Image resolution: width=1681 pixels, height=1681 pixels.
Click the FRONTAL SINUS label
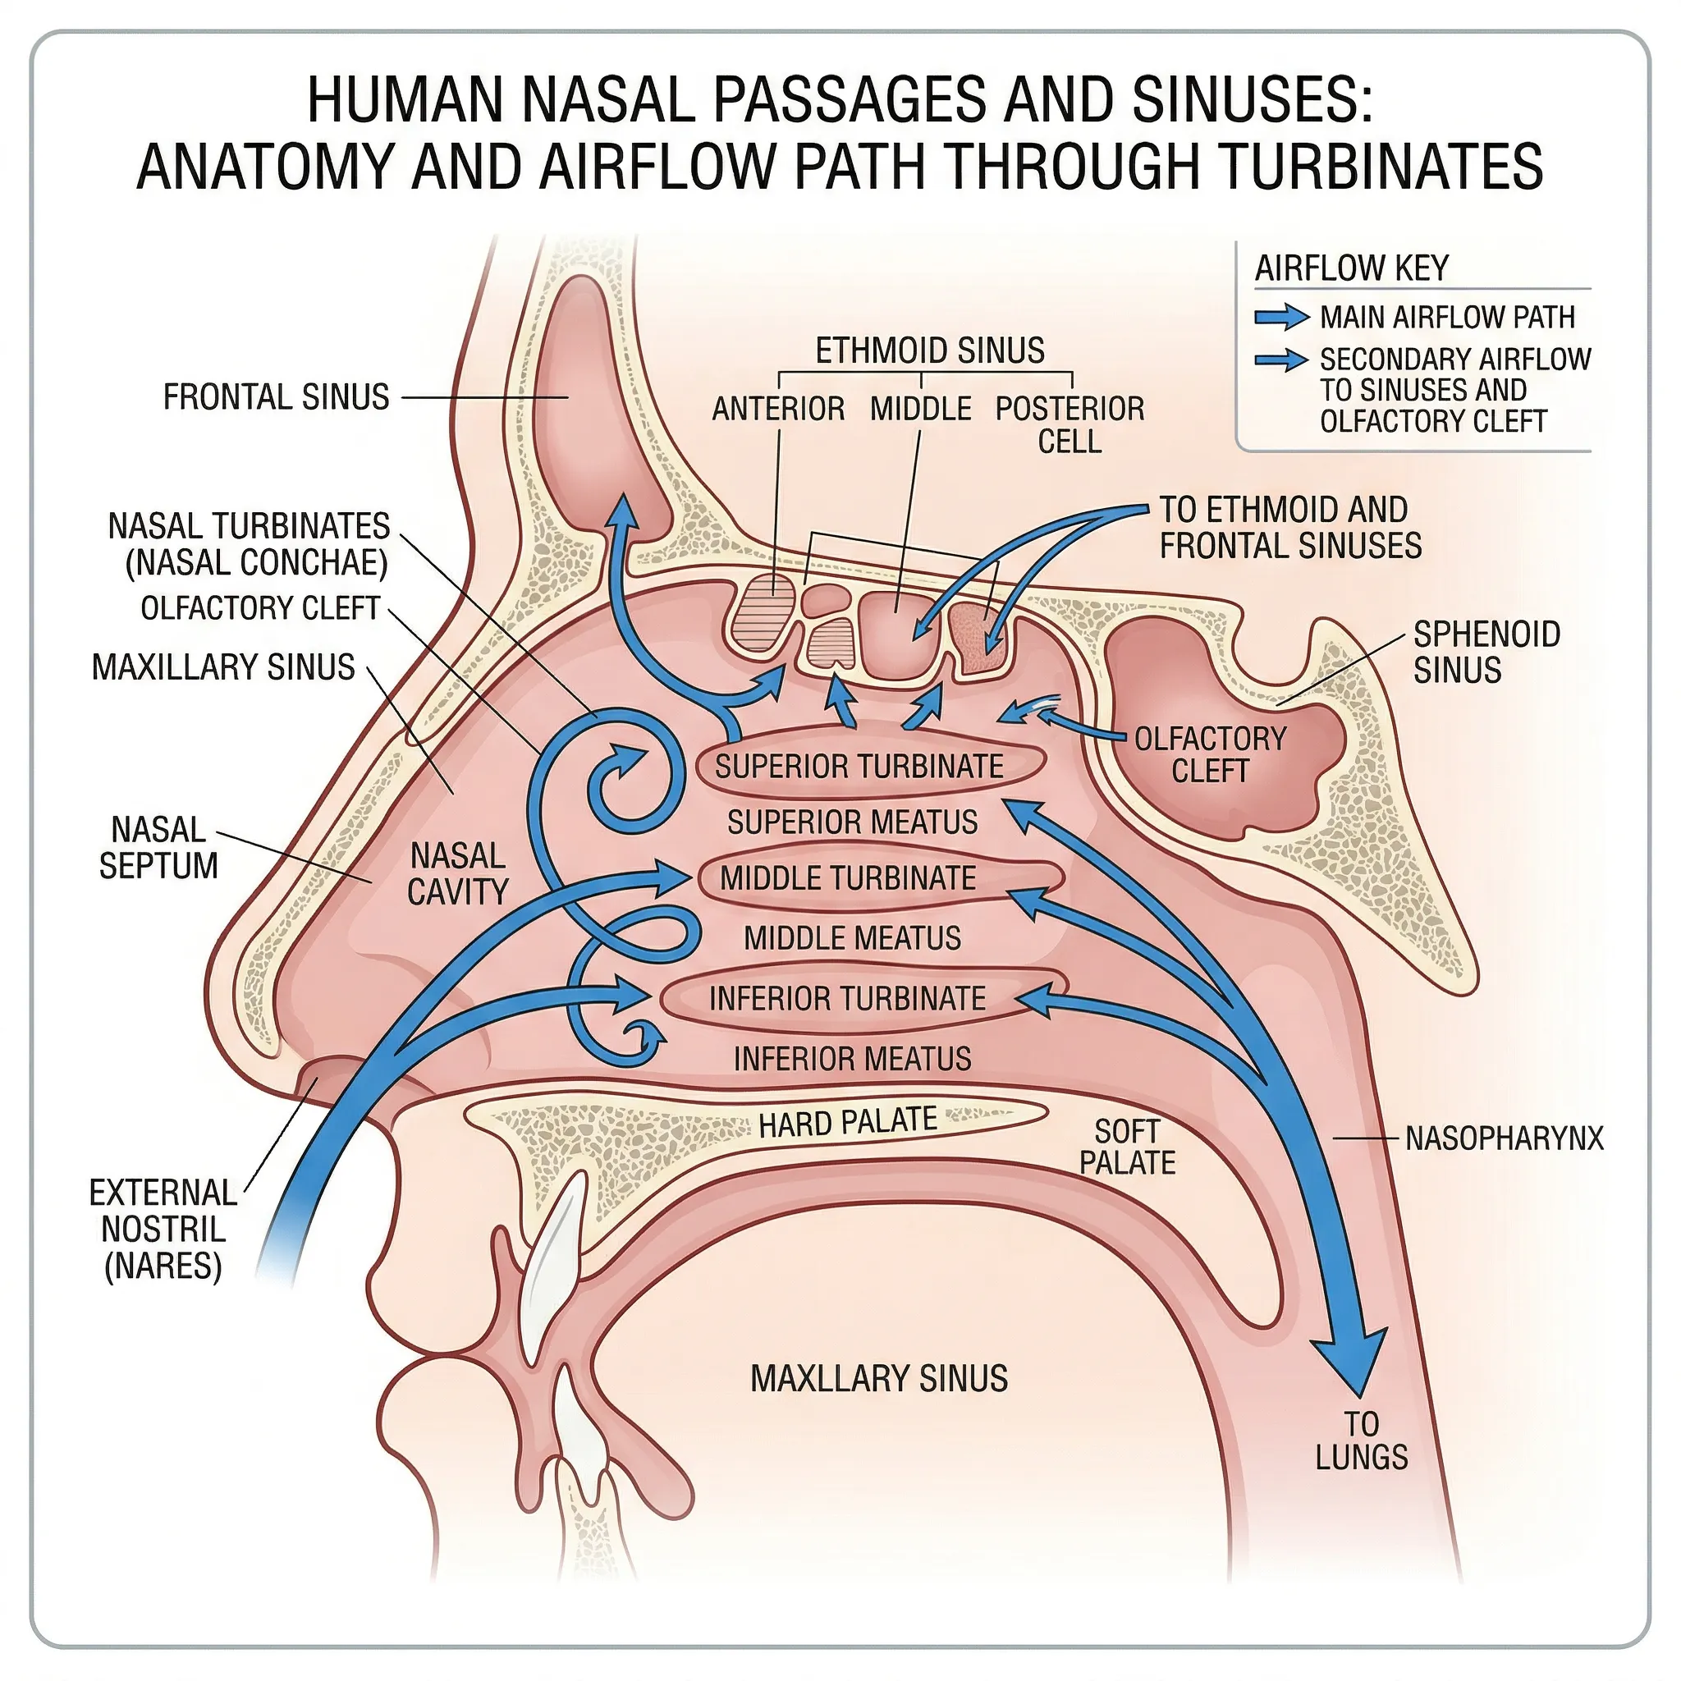pos(276,397)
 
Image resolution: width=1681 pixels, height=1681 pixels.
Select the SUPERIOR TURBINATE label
pos(859,767)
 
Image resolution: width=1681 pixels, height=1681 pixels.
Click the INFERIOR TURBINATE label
pos(846,998)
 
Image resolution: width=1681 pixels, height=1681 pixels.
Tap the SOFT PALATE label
pos(1127,1147)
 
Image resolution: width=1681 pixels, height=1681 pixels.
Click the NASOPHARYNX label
pos(1504,1138)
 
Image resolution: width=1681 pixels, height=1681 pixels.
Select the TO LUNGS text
pos(1361,1441)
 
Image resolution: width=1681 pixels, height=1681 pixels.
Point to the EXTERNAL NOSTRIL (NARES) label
pos(163,1229)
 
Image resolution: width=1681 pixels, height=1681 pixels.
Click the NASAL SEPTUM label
pos(158,849)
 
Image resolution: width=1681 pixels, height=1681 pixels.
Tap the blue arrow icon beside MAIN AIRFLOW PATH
pos(1280,318)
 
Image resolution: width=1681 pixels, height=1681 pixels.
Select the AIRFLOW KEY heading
pos(1351,268)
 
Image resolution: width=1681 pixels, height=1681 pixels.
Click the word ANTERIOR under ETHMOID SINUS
pos(778,409)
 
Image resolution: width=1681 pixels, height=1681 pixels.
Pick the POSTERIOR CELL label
pos(1070,424)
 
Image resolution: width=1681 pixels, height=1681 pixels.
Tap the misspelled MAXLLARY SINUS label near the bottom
pos(879,1379)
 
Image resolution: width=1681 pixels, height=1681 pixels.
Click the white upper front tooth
pos(554,1230)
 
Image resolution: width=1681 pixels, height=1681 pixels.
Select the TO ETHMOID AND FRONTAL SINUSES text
pos(1289,528)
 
